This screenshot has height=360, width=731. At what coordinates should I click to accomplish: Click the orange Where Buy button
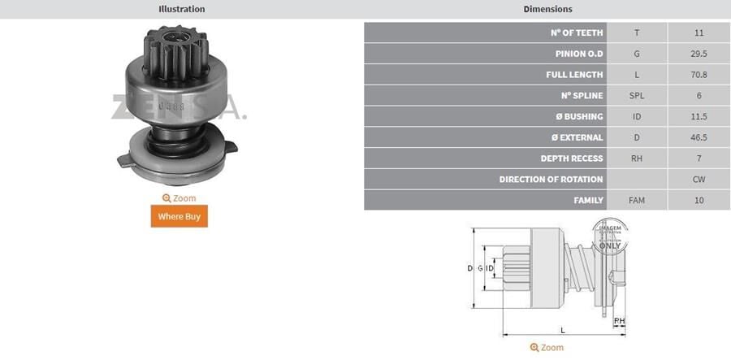pyautogui.click(x=180, y=216)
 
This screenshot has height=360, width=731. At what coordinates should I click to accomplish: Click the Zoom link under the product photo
pyautogui.click(x=180, y=198)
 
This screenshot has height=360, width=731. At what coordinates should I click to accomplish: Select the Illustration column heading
pyautogui.click(x=181, y=9)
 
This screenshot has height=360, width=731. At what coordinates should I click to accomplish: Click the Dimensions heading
pyautogui.click(x=547, y=9)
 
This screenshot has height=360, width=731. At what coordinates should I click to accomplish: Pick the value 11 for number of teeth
pyautogui.click(x=699, y=33)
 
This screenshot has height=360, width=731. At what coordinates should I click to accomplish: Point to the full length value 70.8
pyautogui.click(x=699, y=75)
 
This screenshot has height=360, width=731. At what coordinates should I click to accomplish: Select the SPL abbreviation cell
pyautogui.click(x=637, y=96)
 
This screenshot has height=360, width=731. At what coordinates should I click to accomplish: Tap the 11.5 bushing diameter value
pyautogui.click(x=699, y=116)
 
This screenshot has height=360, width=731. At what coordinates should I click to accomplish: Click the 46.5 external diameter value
pyautogui.click(x=699, y=137)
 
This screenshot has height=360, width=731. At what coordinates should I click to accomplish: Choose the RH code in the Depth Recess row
pyautogui.click(x=637, y=158)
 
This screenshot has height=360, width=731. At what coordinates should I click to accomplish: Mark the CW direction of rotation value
pyautogui.click(x=699, y=179)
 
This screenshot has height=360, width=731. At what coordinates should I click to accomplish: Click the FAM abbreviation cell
pyautogui.click(x=637, y=200)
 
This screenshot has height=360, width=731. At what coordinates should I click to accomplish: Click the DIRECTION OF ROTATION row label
pyautogui.click(x=551, y=179)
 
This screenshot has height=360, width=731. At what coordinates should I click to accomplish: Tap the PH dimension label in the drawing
pyautogui.click(x=620, y=321)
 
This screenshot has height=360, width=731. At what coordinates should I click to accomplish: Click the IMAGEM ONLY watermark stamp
pyautogui.click(x=609, y=235)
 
